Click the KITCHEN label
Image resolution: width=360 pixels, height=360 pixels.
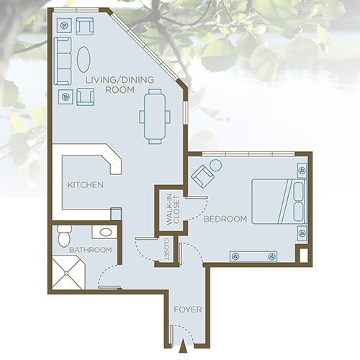click(86, 185)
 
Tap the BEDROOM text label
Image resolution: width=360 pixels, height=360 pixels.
click(225, 219)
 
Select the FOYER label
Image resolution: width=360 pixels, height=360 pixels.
click(186, 311)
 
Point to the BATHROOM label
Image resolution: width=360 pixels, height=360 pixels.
click(90, 250)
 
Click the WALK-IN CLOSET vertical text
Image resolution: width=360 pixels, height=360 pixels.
click(173, 210)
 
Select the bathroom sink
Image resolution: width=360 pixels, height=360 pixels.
click(105, 233)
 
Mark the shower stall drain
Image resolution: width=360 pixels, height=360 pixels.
click(67, 273)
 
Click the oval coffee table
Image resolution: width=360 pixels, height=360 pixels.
click(85, 58)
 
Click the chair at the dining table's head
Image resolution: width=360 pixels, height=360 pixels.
click(153, 93)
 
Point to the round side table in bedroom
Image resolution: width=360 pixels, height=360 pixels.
click(215, 165)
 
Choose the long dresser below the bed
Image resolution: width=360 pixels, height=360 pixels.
click(253, 256)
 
